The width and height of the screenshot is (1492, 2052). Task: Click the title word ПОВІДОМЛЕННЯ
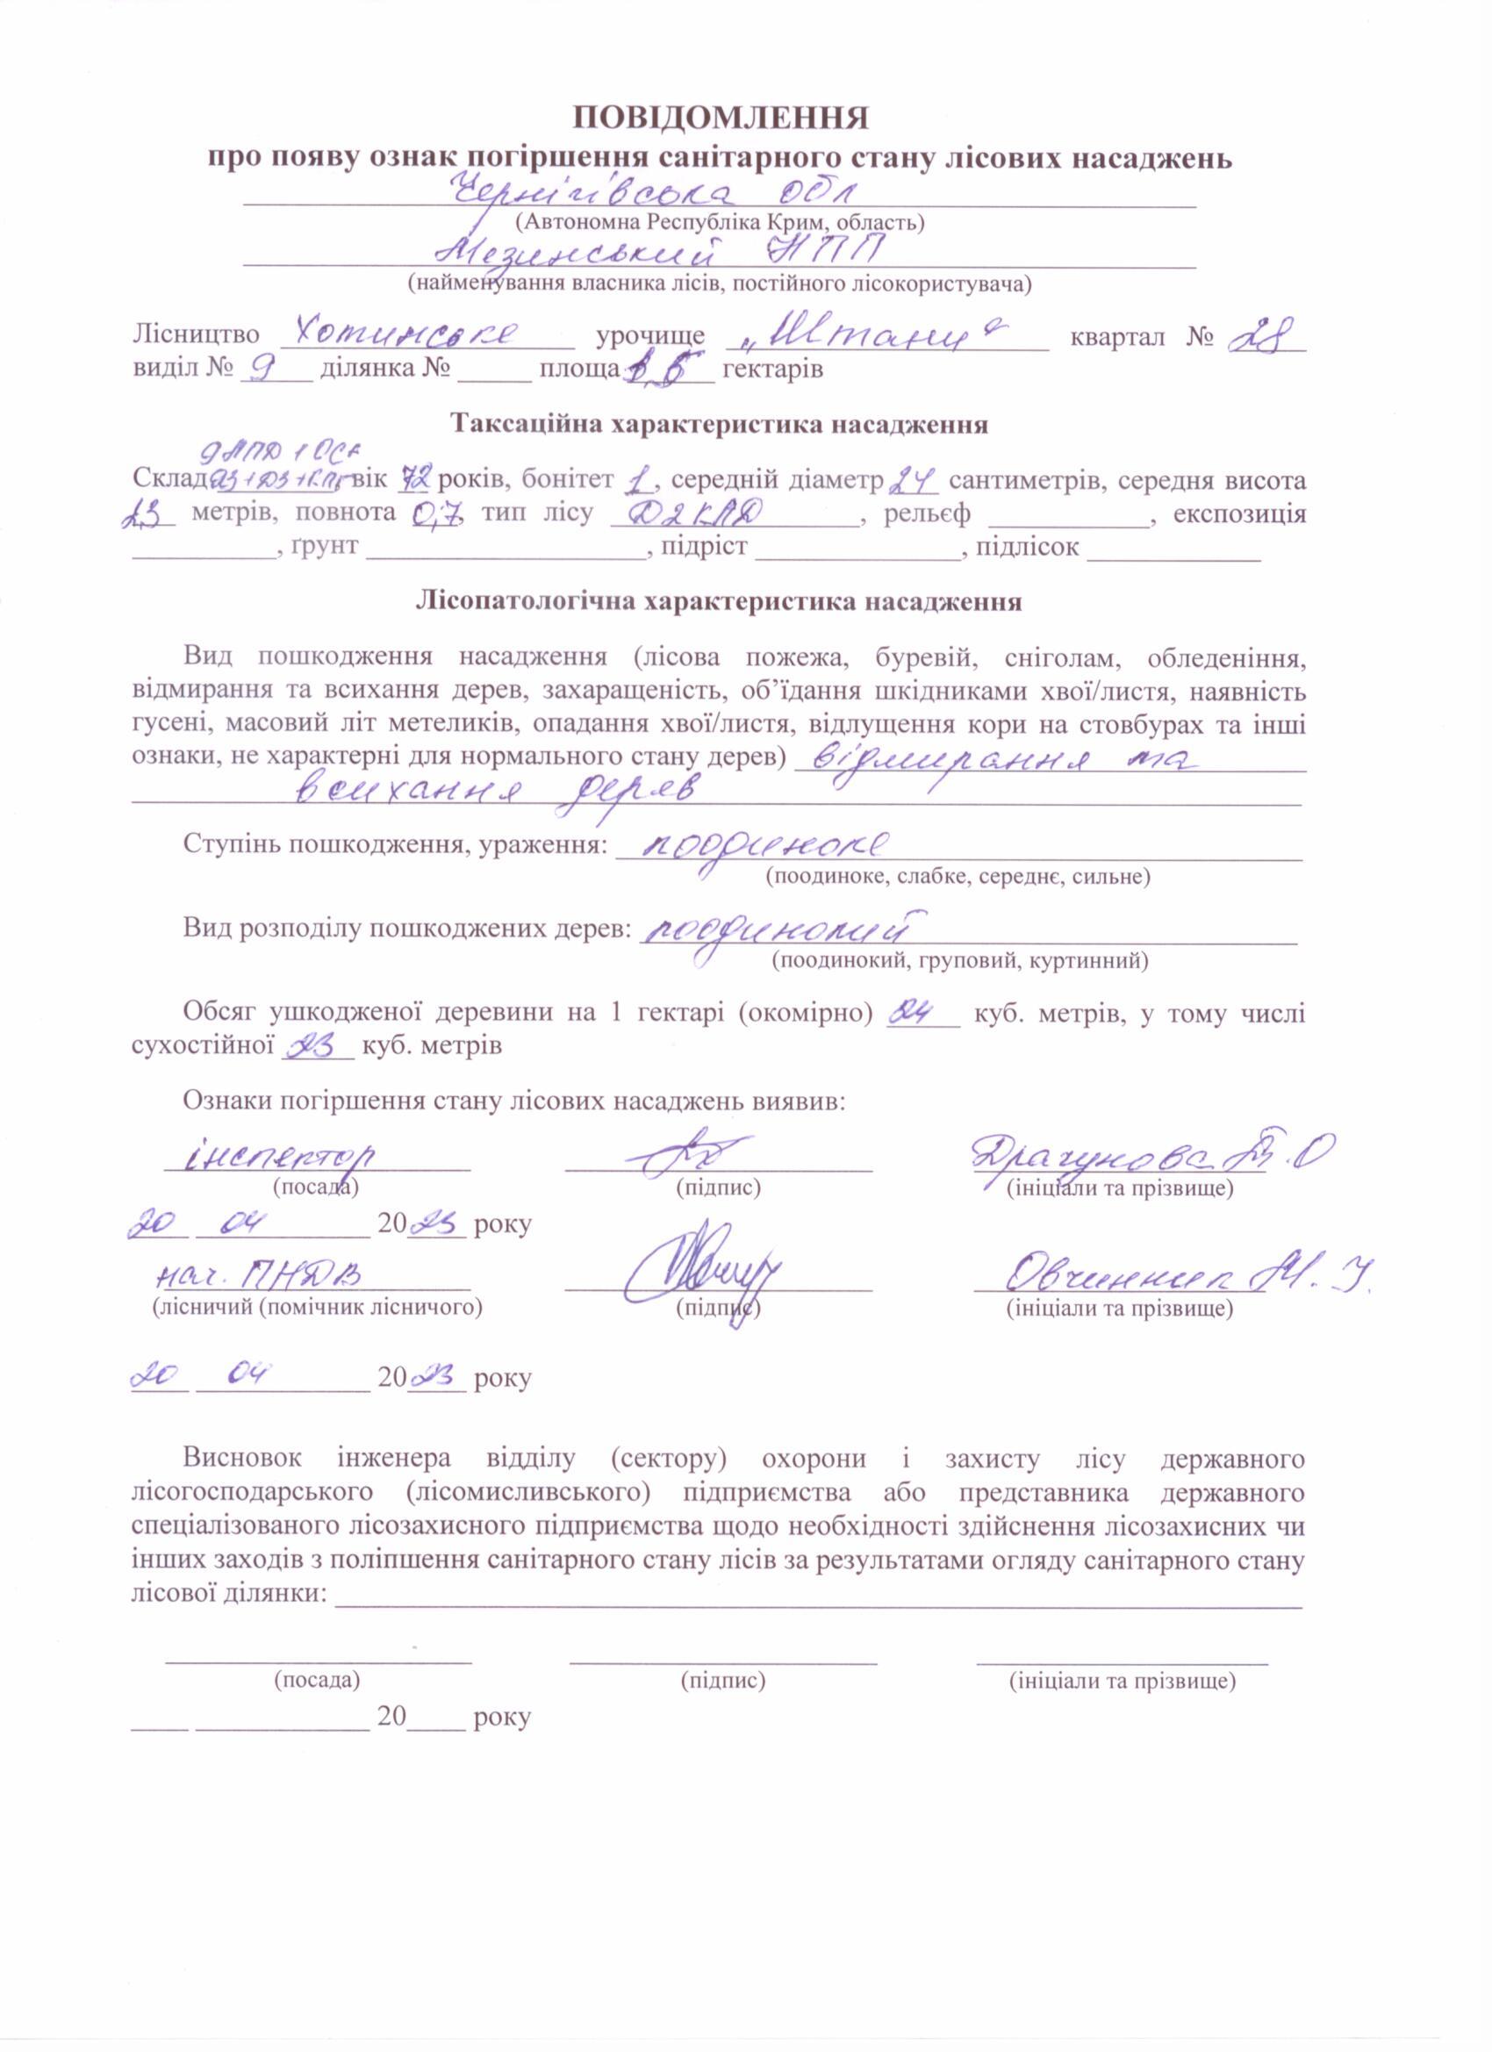(720, 119)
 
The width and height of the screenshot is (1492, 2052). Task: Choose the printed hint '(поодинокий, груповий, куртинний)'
(959, 960)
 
